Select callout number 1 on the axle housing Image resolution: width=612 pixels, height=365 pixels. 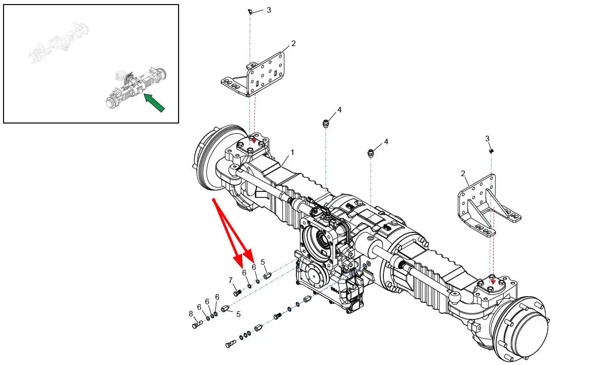292,152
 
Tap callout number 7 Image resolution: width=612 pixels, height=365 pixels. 230,280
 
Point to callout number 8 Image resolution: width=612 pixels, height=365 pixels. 191,314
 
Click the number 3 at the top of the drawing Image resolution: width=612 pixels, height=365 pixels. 269,10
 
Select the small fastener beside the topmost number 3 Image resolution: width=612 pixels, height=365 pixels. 250,11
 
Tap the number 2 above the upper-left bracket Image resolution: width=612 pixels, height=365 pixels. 293,44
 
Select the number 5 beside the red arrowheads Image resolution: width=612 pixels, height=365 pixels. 263,262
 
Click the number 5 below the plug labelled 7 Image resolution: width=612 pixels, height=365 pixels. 238,314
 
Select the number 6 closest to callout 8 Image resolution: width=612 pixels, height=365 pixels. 199,307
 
